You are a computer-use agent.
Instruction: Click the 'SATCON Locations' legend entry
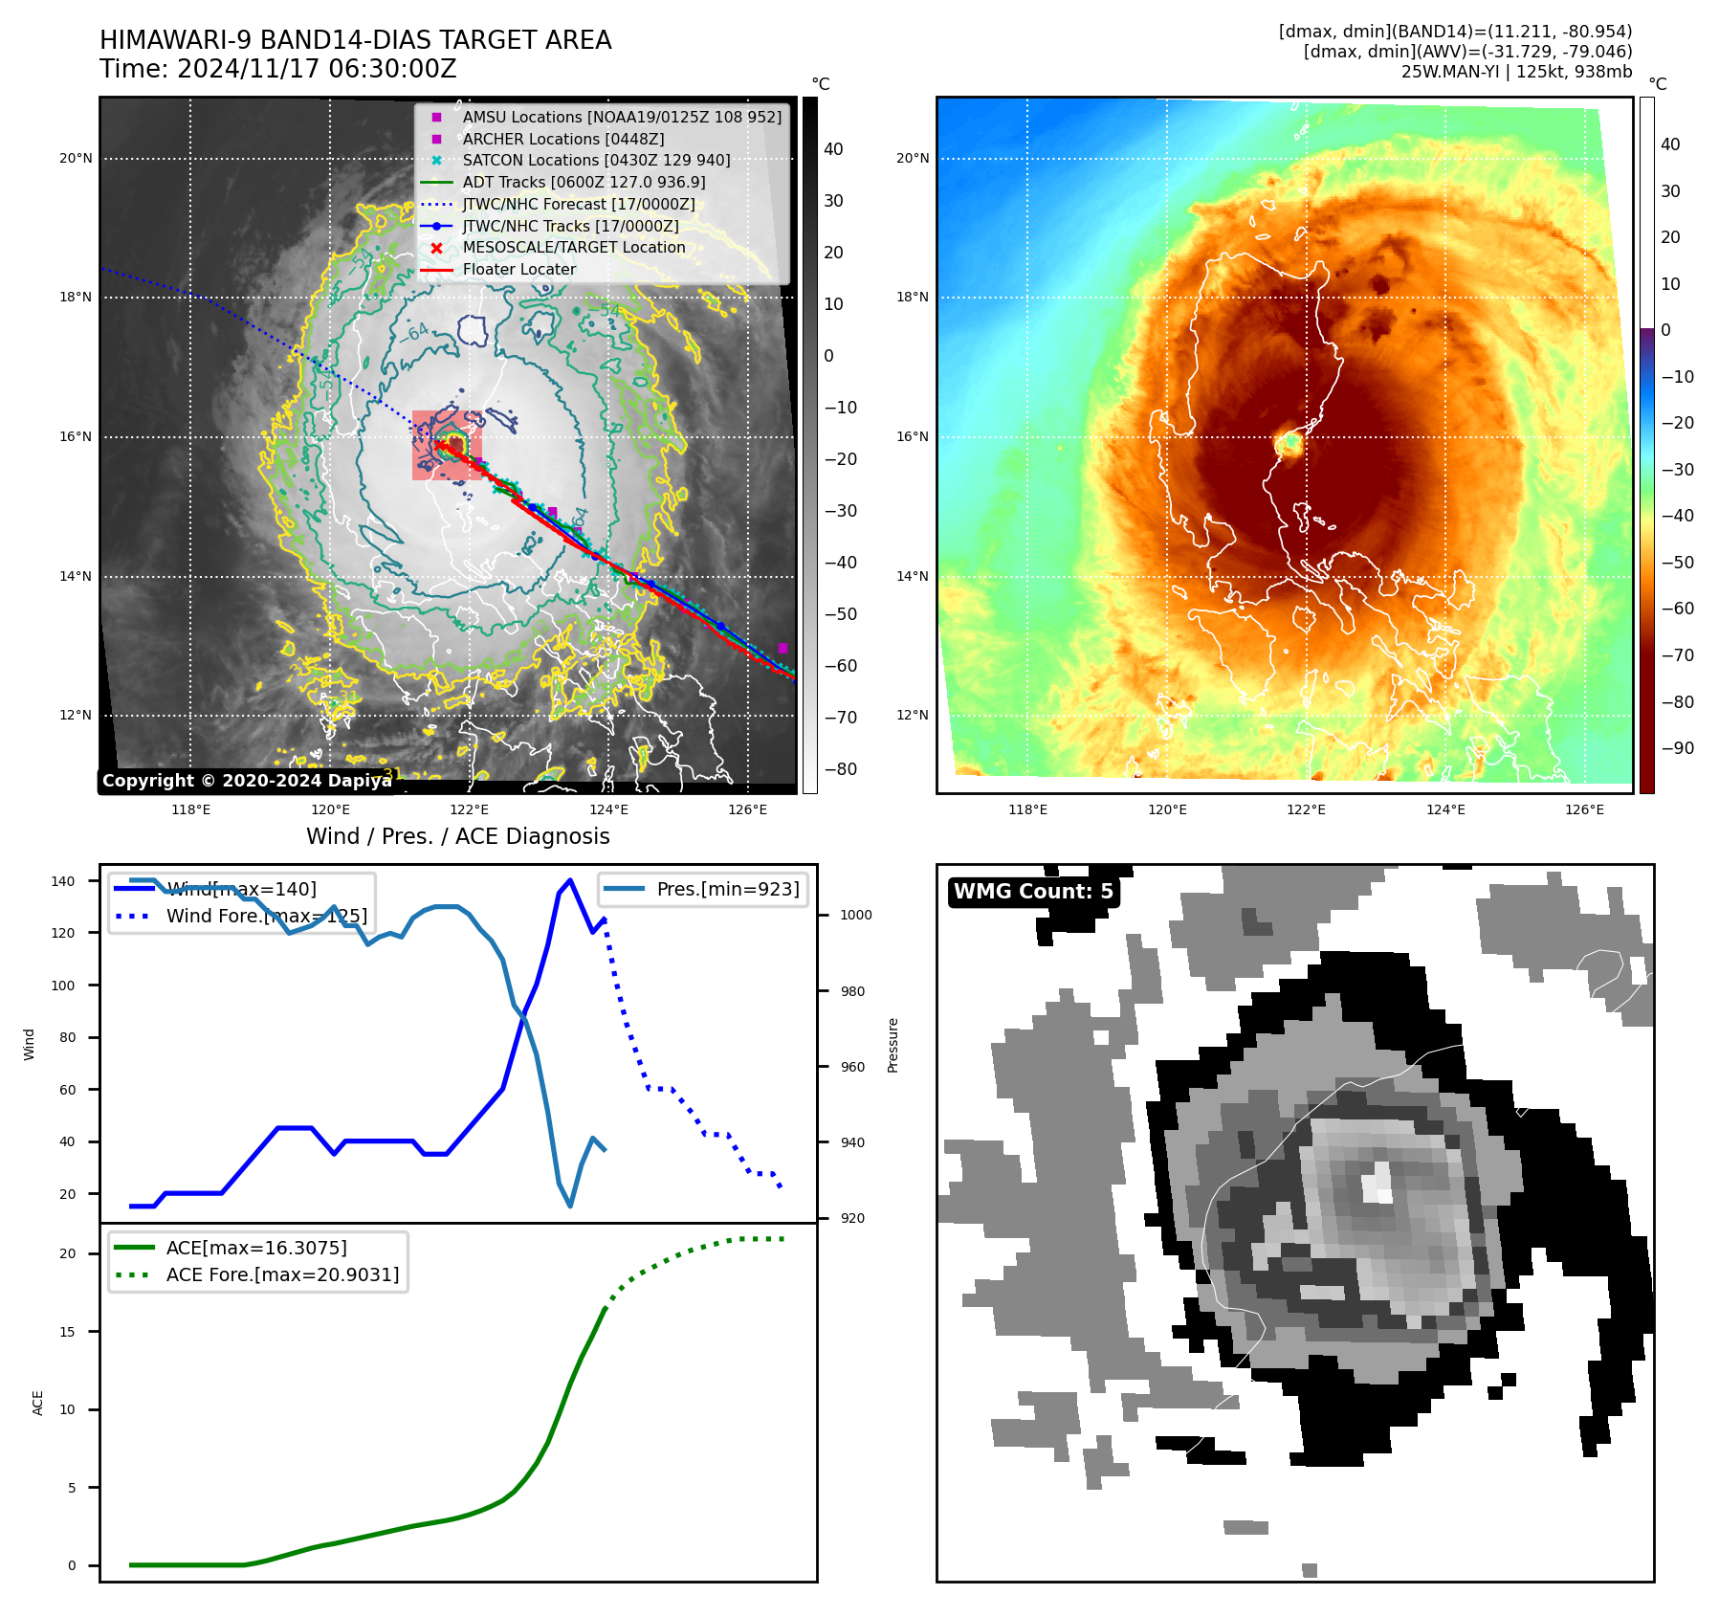(x=595, y=161)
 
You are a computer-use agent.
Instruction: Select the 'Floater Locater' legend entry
(x=518, y=270)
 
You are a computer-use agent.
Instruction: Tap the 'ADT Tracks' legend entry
(x=584, y=182)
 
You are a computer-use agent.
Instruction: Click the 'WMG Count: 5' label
(x=1033, y=892)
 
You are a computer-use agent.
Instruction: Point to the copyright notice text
(x=247, y=781)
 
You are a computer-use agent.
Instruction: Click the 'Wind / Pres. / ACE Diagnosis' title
(x=457, y=836)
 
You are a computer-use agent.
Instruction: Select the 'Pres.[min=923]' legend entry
(x=727, y=889)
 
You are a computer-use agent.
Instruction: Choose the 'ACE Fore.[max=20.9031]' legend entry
(x=282, y=1274)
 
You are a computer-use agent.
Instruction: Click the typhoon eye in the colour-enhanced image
(x=1289, y=444)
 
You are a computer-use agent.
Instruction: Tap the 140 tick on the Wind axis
(x=63, y=881)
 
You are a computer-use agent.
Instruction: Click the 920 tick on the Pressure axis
(x=852, y=1218)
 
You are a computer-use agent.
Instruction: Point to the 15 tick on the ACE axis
(x=67, y=1332)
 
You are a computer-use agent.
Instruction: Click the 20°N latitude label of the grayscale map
(x=77, y=159)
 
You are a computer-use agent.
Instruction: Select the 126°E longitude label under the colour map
(x=1584, y=809)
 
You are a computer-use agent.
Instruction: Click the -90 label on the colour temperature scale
(x=1677, y=748)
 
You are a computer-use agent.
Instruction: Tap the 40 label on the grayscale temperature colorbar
(x=833, y=149)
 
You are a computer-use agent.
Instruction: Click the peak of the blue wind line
(x=570, y=879)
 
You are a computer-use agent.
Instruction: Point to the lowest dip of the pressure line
(x=570, y=1206)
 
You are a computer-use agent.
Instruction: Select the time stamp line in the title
(x=277, y=70)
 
